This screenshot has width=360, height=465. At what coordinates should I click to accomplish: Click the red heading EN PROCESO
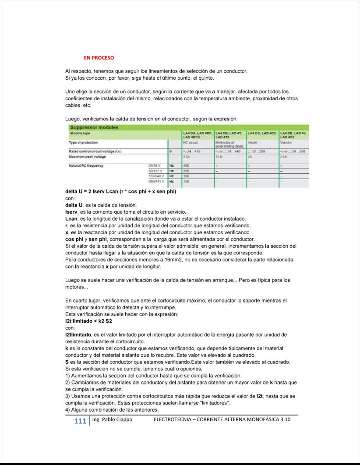(99, 58)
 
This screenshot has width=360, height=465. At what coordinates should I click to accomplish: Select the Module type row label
(79, 133)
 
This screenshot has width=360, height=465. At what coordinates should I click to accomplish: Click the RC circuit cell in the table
(188, 142)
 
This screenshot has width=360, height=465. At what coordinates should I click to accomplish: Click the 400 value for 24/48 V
(186, 166)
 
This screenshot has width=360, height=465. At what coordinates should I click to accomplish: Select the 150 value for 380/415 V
(186, 181)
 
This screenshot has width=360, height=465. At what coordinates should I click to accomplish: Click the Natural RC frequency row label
(86, 166)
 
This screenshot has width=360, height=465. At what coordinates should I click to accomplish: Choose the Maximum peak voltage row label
(87, 156)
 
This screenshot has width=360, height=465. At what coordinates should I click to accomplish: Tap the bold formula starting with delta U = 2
(120, 192)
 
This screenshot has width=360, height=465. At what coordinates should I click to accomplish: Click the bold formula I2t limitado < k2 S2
(88, 321)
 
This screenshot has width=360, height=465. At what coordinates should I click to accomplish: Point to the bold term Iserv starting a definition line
(71, 211)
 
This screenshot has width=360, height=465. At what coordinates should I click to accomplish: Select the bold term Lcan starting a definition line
(71, 218)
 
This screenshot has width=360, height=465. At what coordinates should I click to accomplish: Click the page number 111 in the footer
(80, 421)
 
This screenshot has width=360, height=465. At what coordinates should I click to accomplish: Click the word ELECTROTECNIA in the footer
(173, 420)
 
